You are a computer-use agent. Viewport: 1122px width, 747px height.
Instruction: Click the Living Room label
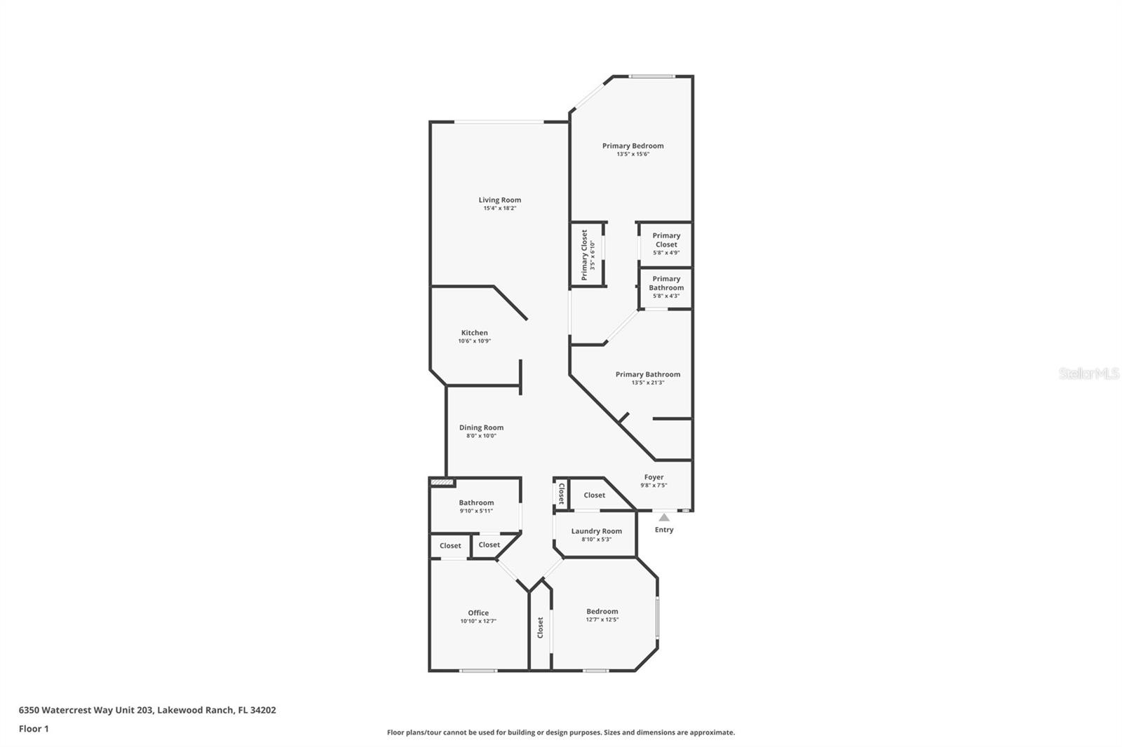tap(499, 200)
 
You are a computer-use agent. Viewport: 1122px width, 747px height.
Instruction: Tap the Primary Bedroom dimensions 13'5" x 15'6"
tap(633, 153)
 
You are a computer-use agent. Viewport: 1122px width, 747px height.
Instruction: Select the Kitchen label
tap(474, 333)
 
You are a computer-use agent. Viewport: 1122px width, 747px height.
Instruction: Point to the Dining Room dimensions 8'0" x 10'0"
tap(481, 436)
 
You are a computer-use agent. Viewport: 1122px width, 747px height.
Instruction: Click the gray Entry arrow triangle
tap(663, 517)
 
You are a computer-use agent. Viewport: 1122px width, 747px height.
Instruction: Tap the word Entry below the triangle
tap(663, 530)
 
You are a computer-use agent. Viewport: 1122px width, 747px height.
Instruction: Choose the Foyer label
tap(654, 477)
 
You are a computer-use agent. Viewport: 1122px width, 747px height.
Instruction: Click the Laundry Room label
tap(596, 531)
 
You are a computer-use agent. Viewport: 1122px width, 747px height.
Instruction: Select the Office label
tap(478, 612)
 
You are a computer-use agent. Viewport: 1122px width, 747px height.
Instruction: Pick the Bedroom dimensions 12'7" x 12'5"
tap(602, 619)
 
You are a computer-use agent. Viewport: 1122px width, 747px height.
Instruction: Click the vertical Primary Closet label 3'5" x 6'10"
tap(588, 254)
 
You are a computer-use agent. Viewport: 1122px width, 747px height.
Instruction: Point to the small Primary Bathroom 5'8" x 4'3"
tap(665, 287)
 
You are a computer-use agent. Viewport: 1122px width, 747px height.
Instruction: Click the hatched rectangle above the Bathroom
tap(442, 482)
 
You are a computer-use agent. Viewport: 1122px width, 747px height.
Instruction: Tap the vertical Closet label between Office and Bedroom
tap(540, 627)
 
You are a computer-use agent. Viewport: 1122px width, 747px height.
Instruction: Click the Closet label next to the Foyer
tap(594, 495)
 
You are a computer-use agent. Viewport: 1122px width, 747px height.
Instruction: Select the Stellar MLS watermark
tap(1088, 373)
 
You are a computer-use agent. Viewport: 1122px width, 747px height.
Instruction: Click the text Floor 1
tap(34, 729)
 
